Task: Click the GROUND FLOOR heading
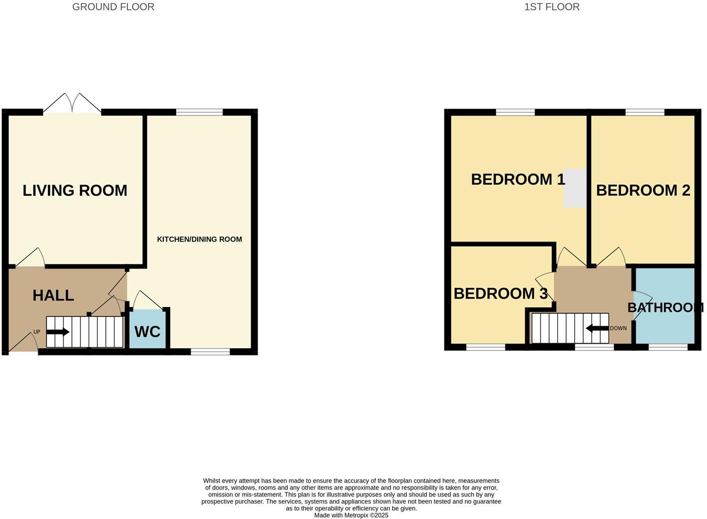coord(113,7)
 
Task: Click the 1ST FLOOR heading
coord(552,7)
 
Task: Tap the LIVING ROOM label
coord(75,190)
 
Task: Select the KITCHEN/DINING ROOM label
coord(199,239)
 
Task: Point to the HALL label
coord(53,295)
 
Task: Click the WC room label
coord(147,331)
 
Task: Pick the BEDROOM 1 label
coord(518,179)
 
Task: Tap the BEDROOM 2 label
coord(643,190)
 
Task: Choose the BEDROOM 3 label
coord(500,293)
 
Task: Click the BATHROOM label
coord(665,307)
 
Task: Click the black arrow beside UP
coord(58,332)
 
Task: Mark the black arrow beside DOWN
coord(597,328)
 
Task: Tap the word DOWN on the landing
coord(618,328)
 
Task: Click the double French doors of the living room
coord(72,104)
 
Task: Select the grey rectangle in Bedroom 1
coord(575,188)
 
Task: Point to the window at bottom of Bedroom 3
coord(485,347)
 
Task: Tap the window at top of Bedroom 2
coord(645,112)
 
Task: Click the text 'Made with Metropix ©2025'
coord(351,515)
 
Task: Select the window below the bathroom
coord(668,347)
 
